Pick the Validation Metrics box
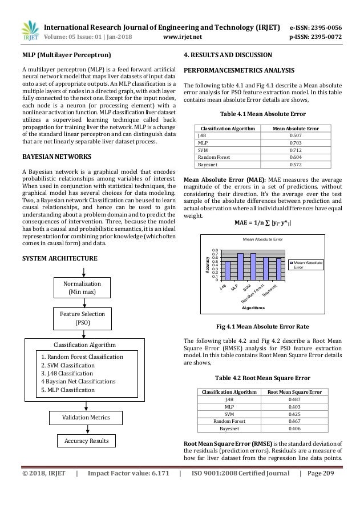pos(85,418)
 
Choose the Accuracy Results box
pos(85,441)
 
